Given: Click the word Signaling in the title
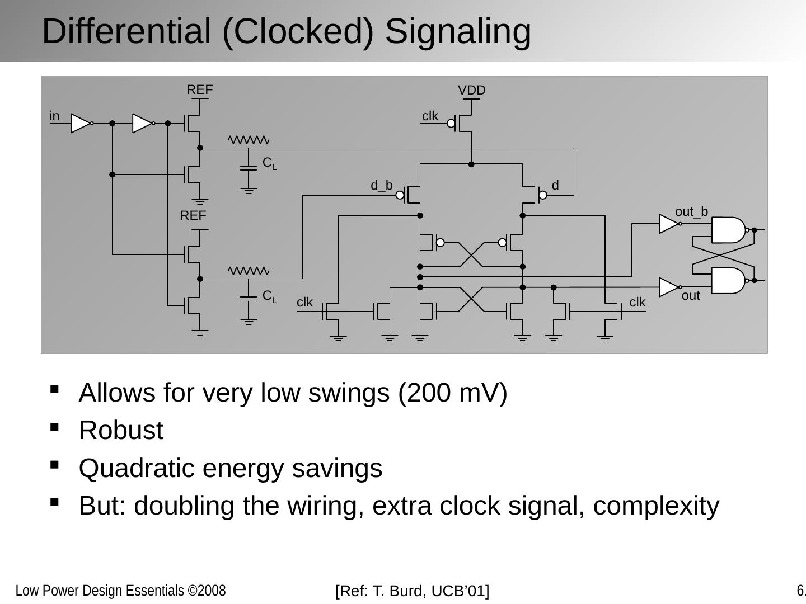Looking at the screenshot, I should tap(458, 31).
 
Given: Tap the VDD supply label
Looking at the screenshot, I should tap(471, 91).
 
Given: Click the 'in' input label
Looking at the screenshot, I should tap(54, 116).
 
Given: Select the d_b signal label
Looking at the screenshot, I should tap(382, 186).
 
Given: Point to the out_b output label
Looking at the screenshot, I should tap(691, 212).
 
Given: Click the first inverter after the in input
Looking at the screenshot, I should tap(81, 124).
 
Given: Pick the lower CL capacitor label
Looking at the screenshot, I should tap(269, 296).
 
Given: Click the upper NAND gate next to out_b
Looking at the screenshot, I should tap(728, 230).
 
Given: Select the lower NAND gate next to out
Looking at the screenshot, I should tap(728, 281).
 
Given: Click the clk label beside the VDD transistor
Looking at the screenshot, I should tap(430, 116).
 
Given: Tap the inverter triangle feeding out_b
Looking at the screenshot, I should tap(668, 224).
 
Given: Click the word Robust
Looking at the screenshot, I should tap(121, 431).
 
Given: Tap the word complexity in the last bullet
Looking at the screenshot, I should tap(656, 506).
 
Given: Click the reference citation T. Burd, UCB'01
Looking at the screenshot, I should tap(412, 591).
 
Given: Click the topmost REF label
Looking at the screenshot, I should tap(199, 90).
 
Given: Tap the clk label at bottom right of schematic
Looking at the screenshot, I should tap(637, 303).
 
